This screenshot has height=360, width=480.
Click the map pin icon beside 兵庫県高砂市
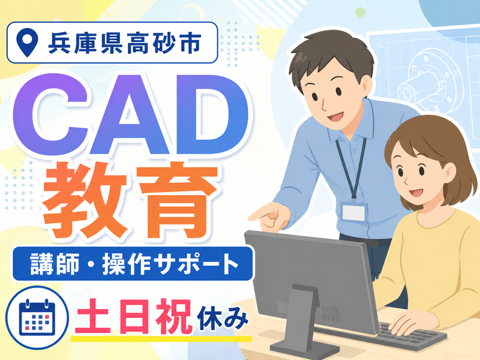tap(27, 42)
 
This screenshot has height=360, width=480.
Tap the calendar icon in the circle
tap(37, 317)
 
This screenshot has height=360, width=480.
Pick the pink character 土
tap(92, 317)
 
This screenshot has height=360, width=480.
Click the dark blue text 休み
tap(223, 319)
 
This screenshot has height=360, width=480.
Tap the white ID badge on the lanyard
tap(354, 212)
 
